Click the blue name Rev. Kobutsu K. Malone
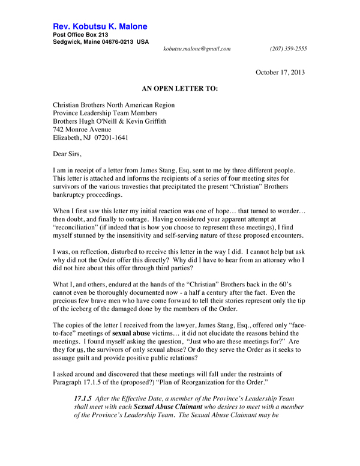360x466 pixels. point(100,27)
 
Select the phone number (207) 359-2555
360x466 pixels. point(289,49)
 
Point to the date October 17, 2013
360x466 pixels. point(280,73)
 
